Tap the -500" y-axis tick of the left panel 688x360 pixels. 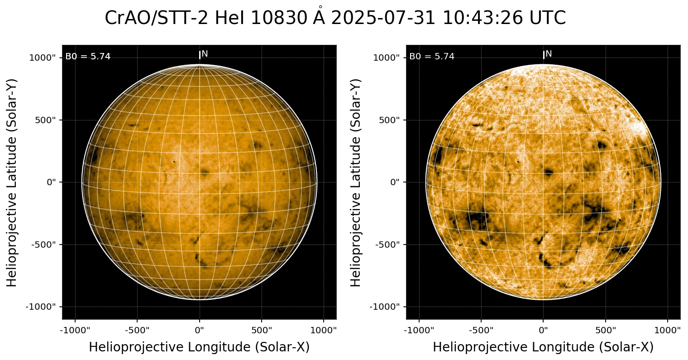(x=45, y=245)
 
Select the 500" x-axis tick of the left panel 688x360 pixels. (x=262, y=329)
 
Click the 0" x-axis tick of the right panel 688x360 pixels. (x=544, y=329)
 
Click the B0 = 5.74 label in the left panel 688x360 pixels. (x=88, y=57)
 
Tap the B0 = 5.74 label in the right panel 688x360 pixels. (x=432, y=57)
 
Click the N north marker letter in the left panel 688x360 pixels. (x=205, y=54)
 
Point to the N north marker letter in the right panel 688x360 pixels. (x=549, y=54)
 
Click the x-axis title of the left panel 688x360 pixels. (x=199, y=347)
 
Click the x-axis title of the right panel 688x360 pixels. (x=543, y=347)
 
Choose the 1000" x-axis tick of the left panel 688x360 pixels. (x=324, y=329)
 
